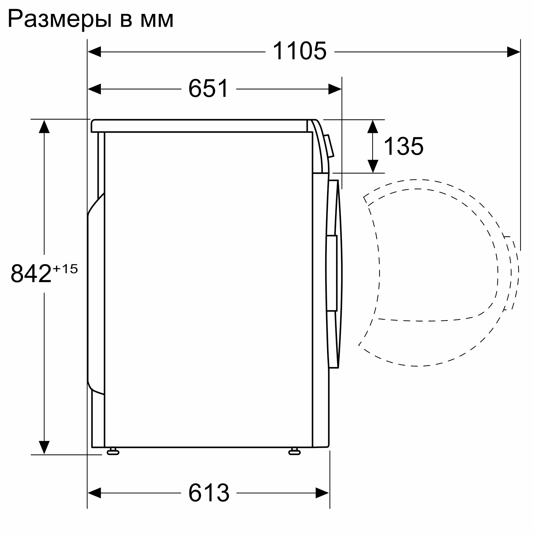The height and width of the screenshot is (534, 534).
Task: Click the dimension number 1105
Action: [x=299, y=51]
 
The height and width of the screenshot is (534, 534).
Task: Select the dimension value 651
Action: [x=209, y=88]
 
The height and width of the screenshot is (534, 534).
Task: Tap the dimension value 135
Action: [x=403, y=147]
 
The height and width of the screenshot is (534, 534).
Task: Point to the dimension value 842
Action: [x=31, y=274]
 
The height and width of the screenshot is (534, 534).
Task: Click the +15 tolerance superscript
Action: [x=65, y=269]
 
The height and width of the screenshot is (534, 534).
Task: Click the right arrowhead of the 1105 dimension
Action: [x=513, y=52]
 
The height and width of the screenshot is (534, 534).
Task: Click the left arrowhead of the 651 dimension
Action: [x=94, y=89]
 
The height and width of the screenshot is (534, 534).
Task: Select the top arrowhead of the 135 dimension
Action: [x=372, y=127]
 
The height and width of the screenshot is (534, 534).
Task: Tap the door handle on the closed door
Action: [x=332, y=273]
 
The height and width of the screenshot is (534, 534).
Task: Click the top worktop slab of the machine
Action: [x=199, y=126]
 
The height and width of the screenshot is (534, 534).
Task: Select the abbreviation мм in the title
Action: [x=157, y=21]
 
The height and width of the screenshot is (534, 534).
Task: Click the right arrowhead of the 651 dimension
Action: [x=335, y=89]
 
